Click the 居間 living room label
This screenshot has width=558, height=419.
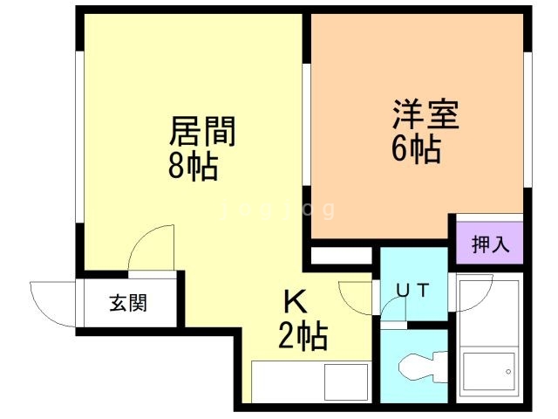pos(202,133)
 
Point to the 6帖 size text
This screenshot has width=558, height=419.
pos(414,149)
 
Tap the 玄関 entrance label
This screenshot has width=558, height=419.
pos(127,304)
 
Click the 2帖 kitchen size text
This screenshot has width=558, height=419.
pos(303,334)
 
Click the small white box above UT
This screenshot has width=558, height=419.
pos(341,257)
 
